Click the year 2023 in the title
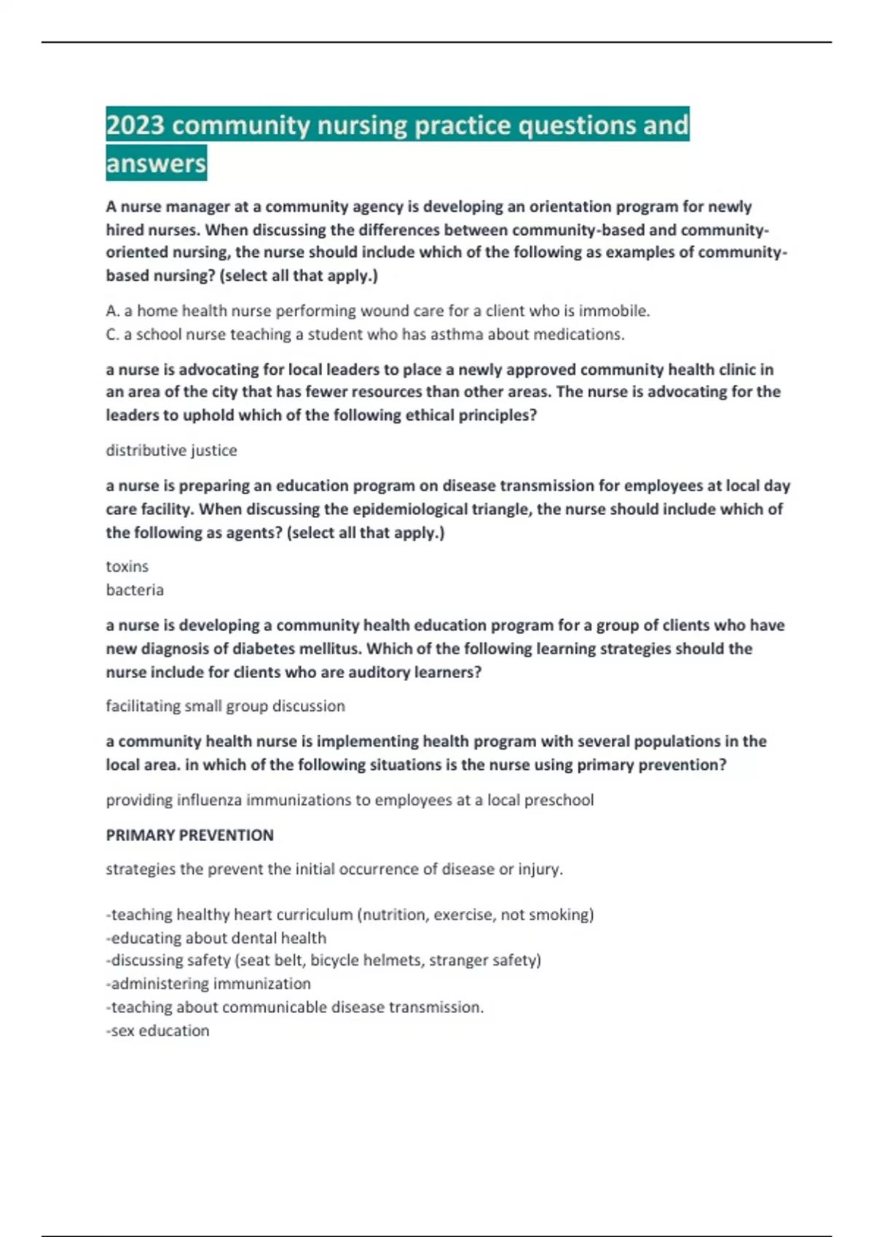[135, 125]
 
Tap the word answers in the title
[156, 163]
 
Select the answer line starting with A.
[377, 311]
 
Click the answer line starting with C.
[365, 334]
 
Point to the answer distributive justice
[171, 450]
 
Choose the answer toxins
[127, 566]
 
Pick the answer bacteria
[135, 589]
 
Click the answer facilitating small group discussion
[225, 706]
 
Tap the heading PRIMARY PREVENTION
[189, 835]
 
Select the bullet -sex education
[157, 1030]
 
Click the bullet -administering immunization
[208, 983]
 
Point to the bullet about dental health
[216, 938]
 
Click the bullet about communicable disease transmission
[295, 1007]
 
